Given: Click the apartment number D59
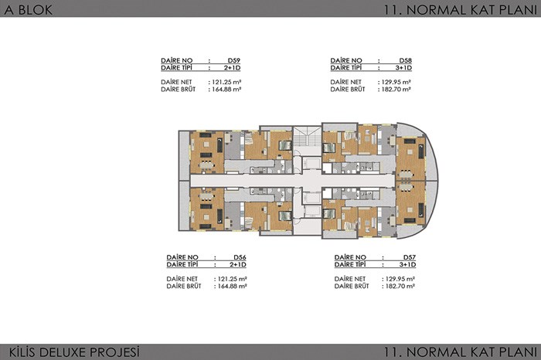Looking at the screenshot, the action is pyautogui.click(x=233, y=60).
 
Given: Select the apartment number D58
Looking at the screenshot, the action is pyautogui.click(x=406, y=60).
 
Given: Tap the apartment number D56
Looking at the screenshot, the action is pyautogui.click(x=240, y=257).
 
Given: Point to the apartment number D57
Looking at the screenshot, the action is pyautogui.click(x=410, y=257).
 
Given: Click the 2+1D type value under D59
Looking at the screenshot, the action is pyautogui.click(x=232, y=67).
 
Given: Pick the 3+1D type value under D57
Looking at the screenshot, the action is pyautogui.click(x=407, y=264).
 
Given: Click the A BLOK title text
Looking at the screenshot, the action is pyautogui.click(x=29, y=9).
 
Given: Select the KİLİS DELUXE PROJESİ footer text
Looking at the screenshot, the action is pyautogui.click(x=74, y=352).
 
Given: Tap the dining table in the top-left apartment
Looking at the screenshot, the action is pyautogui.click(x=206, y=165).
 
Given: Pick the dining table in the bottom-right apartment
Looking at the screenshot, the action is pyautogui.click(x=406, y=187).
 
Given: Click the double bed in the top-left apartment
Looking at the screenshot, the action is pyautogui.click(x=285, y=145).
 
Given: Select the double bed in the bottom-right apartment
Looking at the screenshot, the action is pyautogui.click(x=328, y=214).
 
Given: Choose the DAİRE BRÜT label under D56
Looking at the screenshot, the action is pyautogui.click(x=184, y=286).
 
